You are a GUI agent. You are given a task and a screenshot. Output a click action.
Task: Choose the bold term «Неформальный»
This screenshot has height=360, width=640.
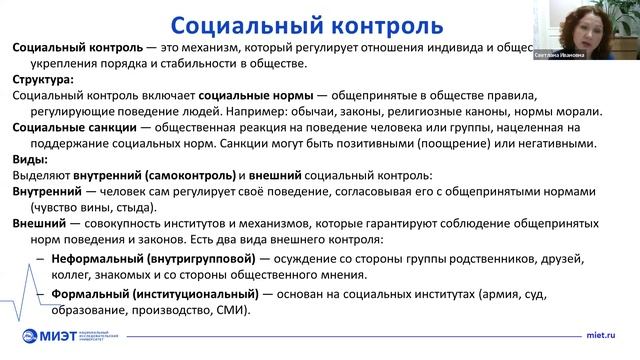click(x=94, y=258)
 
